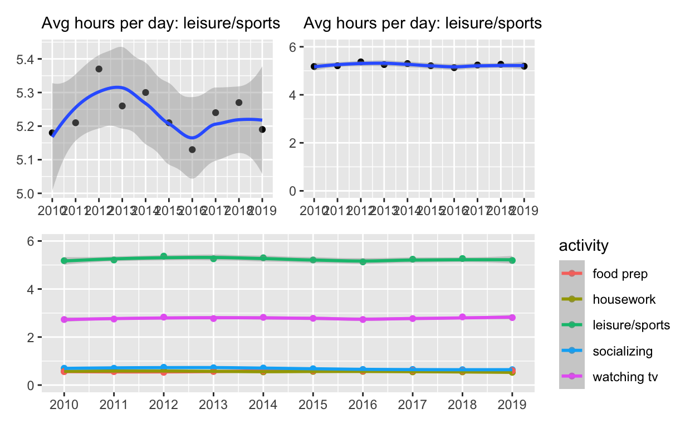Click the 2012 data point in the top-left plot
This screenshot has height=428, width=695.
point(99,69)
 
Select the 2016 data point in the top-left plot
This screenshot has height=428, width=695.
point(192,149)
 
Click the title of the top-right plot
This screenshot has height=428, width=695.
point(423,23)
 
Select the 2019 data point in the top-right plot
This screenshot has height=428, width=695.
point(524,66)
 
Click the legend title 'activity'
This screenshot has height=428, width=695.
point(583,245)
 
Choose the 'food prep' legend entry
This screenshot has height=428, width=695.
point(620,274)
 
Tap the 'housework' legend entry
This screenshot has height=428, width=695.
point(624,299)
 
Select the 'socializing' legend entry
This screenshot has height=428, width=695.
point(623,351)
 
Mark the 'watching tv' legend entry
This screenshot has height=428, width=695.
point(625,377)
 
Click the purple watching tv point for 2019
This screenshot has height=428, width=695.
point(512,318)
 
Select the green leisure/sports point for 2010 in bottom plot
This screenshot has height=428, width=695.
point(64,261)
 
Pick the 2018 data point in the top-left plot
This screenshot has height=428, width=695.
point(239,103)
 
